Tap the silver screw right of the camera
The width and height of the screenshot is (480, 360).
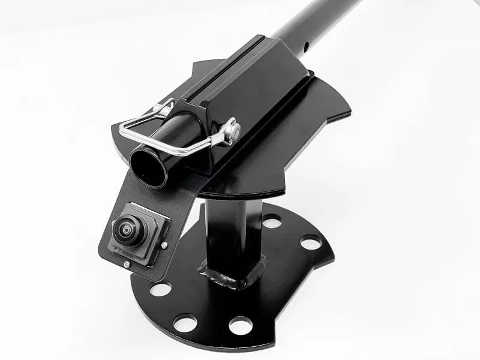[x=164, y=245]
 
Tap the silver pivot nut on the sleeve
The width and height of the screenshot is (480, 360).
[x=232, y=130]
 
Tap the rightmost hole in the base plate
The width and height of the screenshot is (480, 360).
[x=311, y=242]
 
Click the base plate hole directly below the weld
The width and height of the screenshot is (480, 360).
[x=241, y=325]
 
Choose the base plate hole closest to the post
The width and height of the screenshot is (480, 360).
[x=272, y=221]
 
